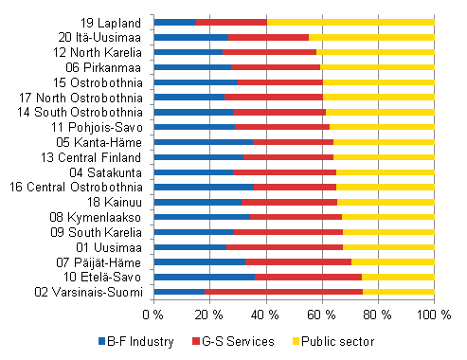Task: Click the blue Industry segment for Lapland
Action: (x=175, y=22)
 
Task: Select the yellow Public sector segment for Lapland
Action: (x=350, y=22)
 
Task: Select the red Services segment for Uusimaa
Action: (x=285, y=247)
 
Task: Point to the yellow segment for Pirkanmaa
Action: (x=378, y=67)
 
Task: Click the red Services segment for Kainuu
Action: (x=290, y=202)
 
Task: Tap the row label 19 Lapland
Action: (x=115, y=22)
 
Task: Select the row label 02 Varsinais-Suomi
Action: (x=92, y=292)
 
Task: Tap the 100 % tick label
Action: (x=434, y=314)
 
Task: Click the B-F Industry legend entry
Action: (x=137, y=341)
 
